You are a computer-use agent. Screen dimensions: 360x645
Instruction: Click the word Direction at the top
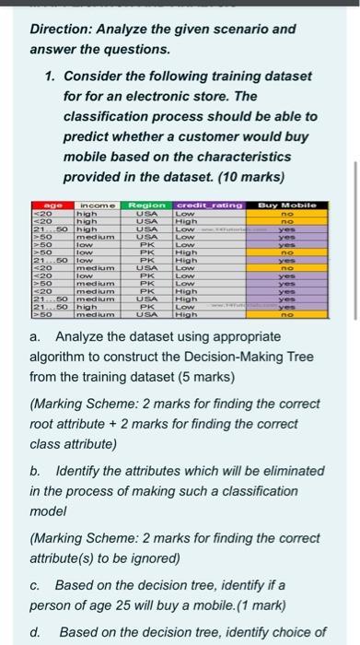(x=61, y=29)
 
